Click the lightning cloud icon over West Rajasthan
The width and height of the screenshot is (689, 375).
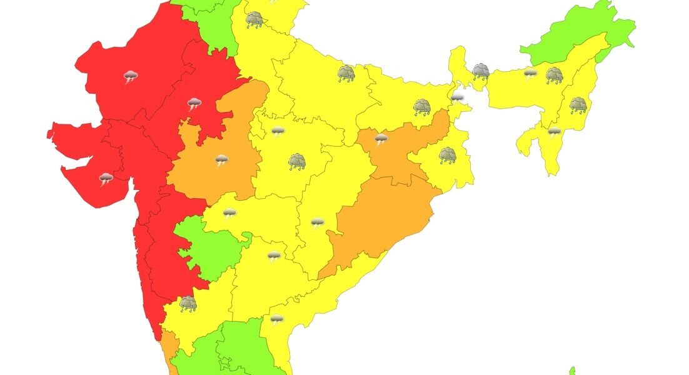(x=130, y=77)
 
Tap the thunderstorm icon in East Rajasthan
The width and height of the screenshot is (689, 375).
(x=194, y=104)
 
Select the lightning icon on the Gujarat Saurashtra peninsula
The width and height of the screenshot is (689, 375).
(x=106, y=179)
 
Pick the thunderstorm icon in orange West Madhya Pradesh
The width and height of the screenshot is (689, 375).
(x=221, y=160)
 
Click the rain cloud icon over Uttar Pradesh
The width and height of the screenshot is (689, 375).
(x=346, y=74)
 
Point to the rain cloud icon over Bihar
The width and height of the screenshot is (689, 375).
(x=422, y=107)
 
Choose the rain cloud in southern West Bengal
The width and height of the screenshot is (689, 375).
(x=447, y=155)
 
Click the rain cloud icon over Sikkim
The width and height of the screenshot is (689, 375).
(x=480, y=71)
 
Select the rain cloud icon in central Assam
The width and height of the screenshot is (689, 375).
(x=554, y=76)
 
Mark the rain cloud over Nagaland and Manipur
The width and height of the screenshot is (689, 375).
(x=578, y=104)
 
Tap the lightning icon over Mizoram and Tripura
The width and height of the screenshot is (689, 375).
(x=554, y=131)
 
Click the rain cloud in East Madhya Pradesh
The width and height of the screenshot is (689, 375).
(x=297, y=162)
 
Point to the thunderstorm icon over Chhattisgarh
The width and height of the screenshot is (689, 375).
(x=317, y=222)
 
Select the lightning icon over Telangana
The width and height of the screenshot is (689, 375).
(x=273, y=256)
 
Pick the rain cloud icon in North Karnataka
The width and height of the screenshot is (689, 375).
(x=188, y=304)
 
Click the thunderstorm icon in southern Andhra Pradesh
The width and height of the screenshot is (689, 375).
(x=276, y=320)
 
